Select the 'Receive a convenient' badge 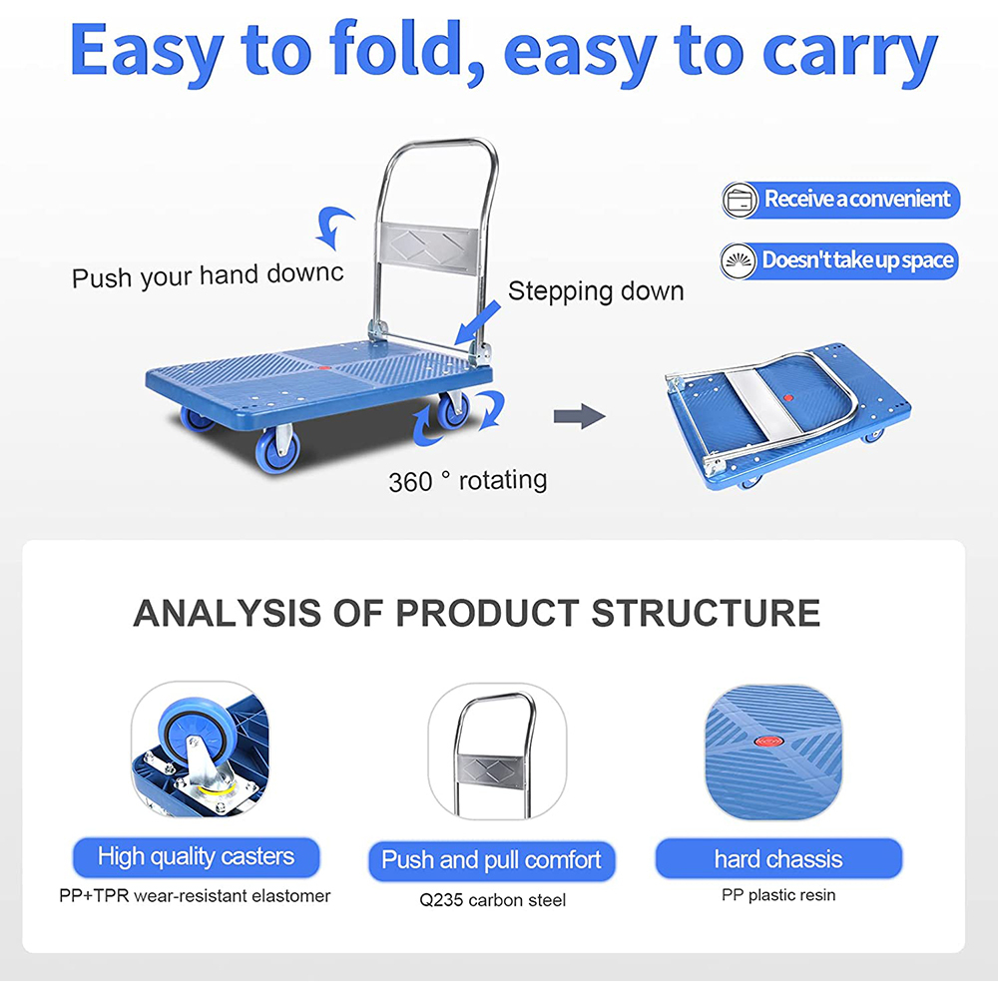840,199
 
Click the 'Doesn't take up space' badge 840,260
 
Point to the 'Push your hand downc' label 208,274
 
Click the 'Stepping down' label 596,291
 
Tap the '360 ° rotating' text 468,481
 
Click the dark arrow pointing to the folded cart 580,417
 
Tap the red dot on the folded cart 787,396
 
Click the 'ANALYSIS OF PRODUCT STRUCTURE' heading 476,613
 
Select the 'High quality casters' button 196,857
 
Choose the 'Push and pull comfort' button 491,860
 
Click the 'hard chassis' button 778,859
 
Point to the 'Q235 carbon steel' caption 492,900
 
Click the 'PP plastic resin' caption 778,895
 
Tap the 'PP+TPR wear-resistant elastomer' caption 195,895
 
